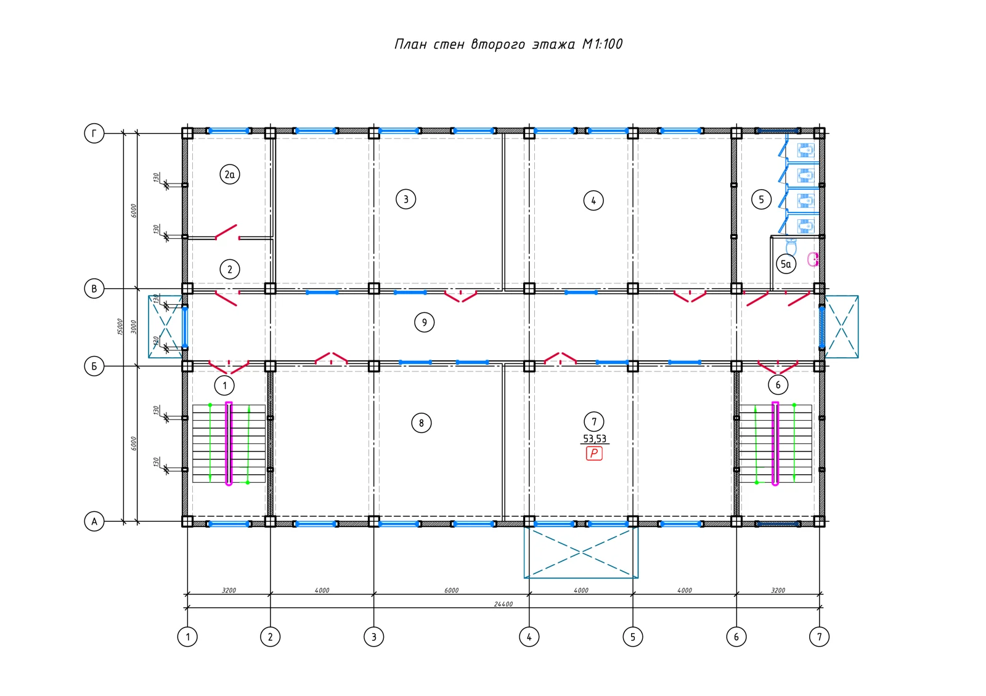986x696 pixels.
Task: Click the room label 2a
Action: [x=230, y=175]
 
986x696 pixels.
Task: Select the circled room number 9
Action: [x=425, y=323]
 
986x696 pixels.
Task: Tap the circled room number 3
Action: [x=406, y=200]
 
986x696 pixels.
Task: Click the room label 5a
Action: [x=786, y=264]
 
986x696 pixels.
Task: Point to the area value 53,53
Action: [x=594, y=439]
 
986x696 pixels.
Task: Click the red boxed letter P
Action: [x=594, y=453]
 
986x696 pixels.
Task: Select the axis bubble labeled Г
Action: [x=94, y=133]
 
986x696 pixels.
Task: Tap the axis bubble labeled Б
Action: [x=94, y=366]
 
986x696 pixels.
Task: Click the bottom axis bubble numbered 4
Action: [x=529, y=637]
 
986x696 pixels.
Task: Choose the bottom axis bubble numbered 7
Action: [x=819, y=637]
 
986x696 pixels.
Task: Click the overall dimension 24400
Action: [x=503, y=604]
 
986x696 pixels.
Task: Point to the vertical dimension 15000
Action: [x=120, y=327]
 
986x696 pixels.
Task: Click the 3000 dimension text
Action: [x=134, y=327]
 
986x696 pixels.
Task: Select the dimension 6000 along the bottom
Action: [x=451, y=591]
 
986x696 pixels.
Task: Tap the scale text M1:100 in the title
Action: [x=602, y=44]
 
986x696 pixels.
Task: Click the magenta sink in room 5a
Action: [x=813, y=259]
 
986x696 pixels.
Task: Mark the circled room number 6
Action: [x=778, y=385]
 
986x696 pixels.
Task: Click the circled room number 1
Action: [x=224, y=386]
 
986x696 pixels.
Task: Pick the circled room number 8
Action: [x=422, y=423]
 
